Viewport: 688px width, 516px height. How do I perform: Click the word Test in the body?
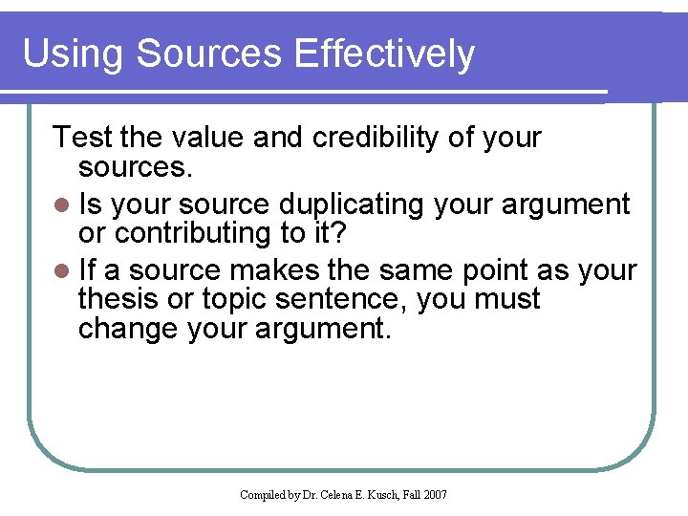tap(83, 138)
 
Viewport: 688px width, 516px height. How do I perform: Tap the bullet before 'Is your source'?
tap(61, 205)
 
